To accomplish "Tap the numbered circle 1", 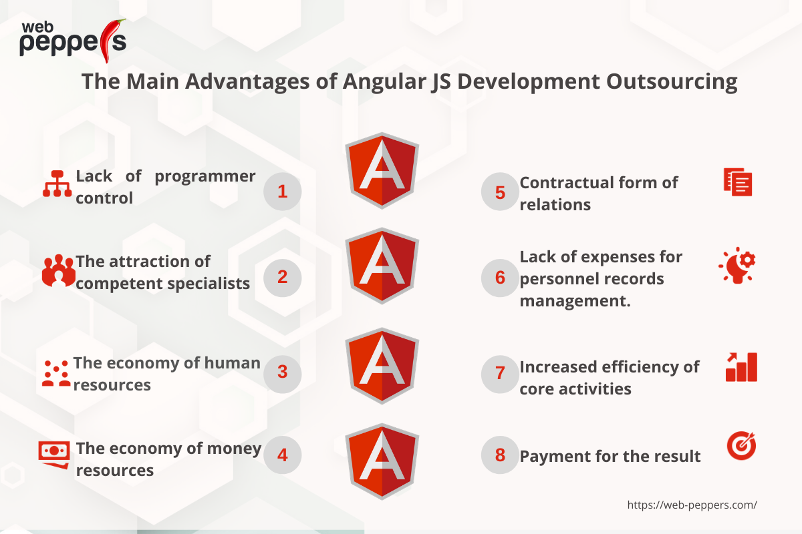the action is (x=283, y=192).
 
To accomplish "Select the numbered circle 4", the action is (x=283, y=455).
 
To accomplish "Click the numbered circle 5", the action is (x=500, y=192).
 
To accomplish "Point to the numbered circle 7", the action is (x=500, y=374).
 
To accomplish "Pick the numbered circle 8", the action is (x=500, y=455).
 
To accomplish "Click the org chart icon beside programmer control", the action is (x=57, y=184).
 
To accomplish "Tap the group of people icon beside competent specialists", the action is (x=58, y=270).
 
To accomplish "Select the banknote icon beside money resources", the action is (x=54, y=455).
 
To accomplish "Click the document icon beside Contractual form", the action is (x=738, y=182).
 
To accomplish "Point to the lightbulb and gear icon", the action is (x=737, y=265).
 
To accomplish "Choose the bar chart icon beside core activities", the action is (x=741, y=367).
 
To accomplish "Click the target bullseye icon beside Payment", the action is (x=741, y=445).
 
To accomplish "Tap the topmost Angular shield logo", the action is (x=382, y=171).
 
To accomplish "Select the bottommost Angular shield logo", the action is (x=382, y=461).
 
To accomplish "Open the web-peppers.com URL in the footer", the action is (x=692, y=505).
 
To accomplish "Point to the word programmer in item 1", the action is (x=205, y=177).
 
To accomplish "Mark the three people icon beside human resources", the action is (x=56, y=373).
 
